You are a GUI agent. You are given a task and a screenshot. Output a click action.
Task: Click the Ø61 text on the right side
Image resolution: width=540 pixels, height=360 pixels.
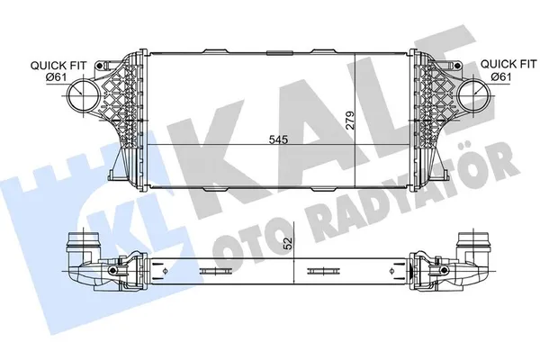click(503, 76)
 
